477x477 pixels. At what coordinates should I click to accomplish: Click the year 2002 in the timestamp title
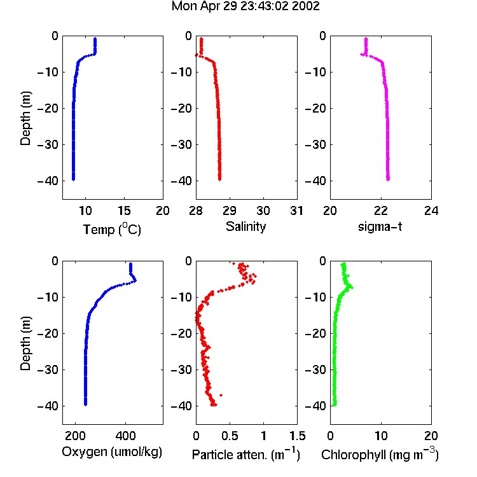point(305,6)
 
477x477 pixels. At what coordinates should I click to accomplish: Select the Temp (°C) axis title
point(112,229)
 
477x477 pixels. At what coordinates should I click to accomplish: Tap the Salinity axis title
point(245,227)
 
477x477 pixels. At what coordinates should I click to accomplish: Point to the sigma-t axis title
point(380,226)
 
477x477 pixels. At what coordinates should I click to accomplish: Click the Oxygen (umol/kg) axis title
point(112,452)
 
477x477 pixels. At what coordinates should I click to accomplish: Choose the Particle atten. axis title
point(246,454)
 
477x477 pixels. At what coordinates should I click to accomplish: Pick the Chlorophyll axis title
point(380,454)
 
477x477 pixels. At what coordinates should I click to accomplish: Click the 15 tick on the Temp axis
point(124,211)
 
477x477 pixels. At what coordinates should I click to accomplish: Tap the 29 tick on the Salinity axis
point(230,211)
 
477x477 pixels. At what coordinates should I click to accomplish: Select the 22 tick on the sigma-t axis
point(381,211)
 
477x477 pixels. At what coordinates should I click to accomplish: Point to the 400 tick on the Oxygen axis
point(125,436)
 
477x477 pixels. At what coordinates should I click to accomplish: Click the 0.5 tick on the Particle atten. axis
point(230,436)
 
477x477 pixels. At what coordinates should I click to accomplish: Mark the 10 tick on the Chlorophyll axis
point(381,436)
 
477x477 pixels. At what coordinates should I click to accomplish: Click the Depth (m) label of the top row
point(25,118)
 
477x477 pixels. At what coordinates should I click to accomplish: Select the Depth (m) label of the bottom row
point(25,343)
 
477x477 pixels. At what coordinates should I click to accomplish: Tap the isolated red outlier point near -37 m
point(221,395)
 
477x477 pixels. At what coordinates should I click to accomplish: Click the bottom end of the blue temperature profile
point(73,179)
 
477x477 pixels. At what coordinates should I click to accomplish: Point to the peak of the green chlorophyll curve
point(352,287)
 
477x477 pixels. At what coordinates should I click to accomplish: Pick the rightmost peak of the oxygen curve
point(135,280)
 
